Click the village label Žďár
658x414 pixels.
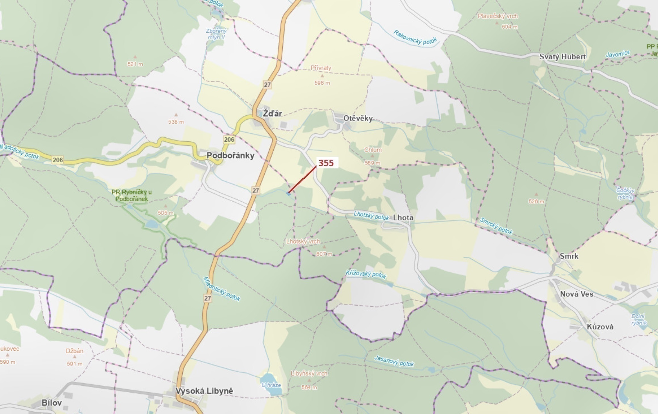tap(272, 114)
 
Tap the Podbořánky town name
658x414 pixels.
tap(230, 155)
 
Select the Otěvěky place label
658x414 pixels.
tap(358, 118)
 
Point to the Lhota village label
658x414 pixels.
tap(403, 218)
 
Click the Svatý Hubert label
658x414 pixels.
tap(562, 57)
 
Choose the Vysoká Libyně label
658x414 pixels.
tap(204, 391)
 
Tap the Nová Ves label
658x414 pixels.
tap(577, 294)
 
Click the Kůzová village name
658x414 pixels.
tap(600, 327)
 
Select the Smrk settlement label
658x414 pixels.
tap(569, 256)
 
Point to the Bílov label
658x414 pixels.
tap(52, 403)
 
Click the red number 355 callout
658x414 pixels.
tap(326, 163)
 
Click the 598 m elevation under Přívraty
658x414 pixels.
tap(322, 83)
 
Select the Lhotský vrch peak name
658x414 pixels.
tap(303, 241)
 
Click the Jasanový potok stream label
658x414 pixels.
tap(394, 361)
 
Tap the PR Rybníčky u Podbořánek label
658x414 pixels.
tap(131, 195)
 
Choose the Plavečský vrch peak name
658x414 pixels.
tap(498, 16)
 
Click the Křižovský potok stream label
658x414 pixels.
tap(366, 274)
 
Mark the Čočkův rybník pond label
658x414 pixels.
tap(625, 193)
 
